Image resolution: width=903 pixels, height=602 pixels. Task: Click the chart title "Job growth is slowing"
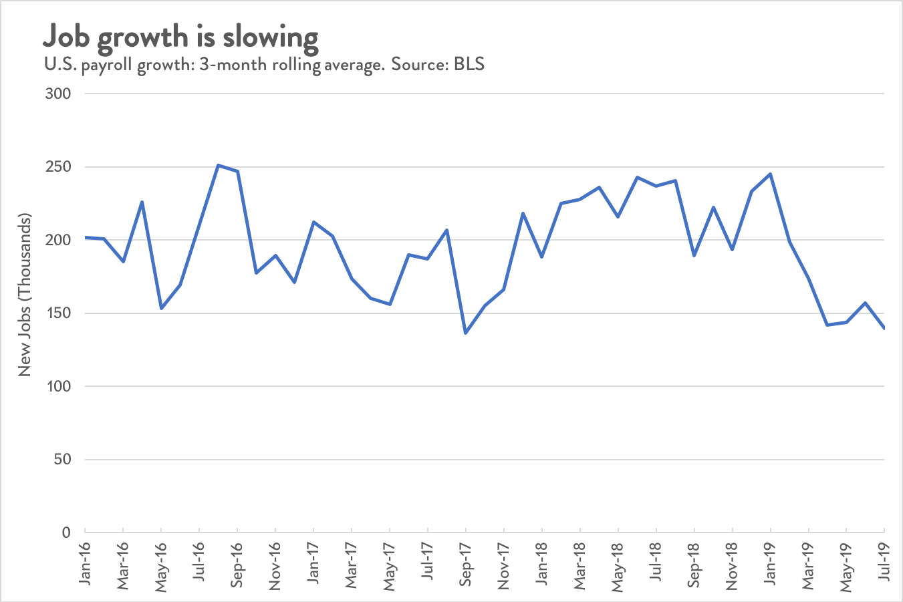tap(180, 37)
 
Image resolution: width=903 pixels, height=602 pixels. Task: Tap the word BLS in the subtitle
tap(469, 65)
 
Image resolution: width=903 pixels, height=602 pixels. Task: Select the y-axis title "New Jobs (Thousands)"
tap(25, 295)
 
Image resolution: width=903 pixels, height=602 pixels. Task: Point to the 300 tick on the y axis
tap(57, 94)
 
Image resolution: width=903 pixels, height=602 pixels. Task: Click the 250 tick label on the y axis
tap(57, 167)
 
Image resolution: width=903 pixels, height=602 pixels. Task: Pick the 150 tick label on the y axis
tap(57, 313)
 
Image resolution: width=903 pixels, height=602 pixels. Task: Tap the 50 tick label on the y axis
tap(61, 460)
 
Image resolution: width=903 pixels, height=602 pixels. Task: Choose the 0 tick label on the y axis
tap(66, 533)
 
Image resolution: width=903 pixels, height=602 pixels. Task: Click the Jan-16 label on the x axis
tap(85, 565)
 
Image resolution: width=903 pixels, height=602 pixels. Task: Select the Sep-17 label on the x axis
tap(466, 565)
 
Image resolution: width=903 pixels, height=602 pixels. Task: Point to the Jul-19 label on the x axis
tap(884, 565)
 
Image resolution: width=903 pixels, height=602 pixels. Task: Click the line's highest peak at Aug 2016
tap(218, 165)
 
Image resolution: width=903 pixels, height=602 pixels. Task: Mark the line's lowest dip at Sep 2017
tap(466, 333)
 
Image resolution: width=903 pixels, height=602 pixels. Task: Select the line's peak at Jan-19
tap(771, 174)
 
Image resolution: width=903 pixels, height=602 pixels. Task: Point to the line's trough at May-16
tap(161, 308)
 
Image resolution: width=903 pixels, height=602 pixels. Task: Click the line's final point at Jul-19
tap(884, 328)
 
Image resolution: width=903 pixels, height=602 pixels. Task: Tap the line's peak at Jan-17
tap(313, 222)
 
